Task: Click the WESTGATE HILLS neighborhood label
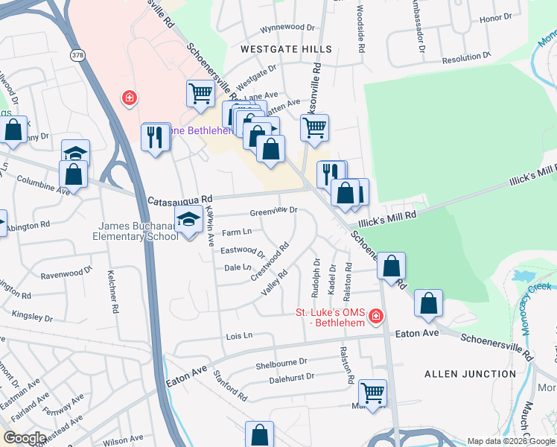(x=286, y=49)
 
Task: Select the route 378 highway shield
(x=78, y=56)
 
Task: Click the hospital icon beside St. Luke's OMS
(x=376, y=317)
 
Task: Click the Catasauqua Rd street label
(x=180, y=200)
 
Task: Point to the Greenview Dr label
(x=273, y=211)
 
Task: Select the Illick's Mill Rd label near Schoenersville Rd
(x=389, y=215)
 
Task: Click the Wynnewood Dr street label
(x=287, y=28)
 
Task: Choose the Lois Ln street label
(x=240, y=336)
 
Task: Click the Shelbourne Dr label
(x=281, y=362)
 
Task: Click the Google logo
(x=25, y=438)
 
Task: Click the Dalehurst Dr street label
(x=291, y=378)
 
